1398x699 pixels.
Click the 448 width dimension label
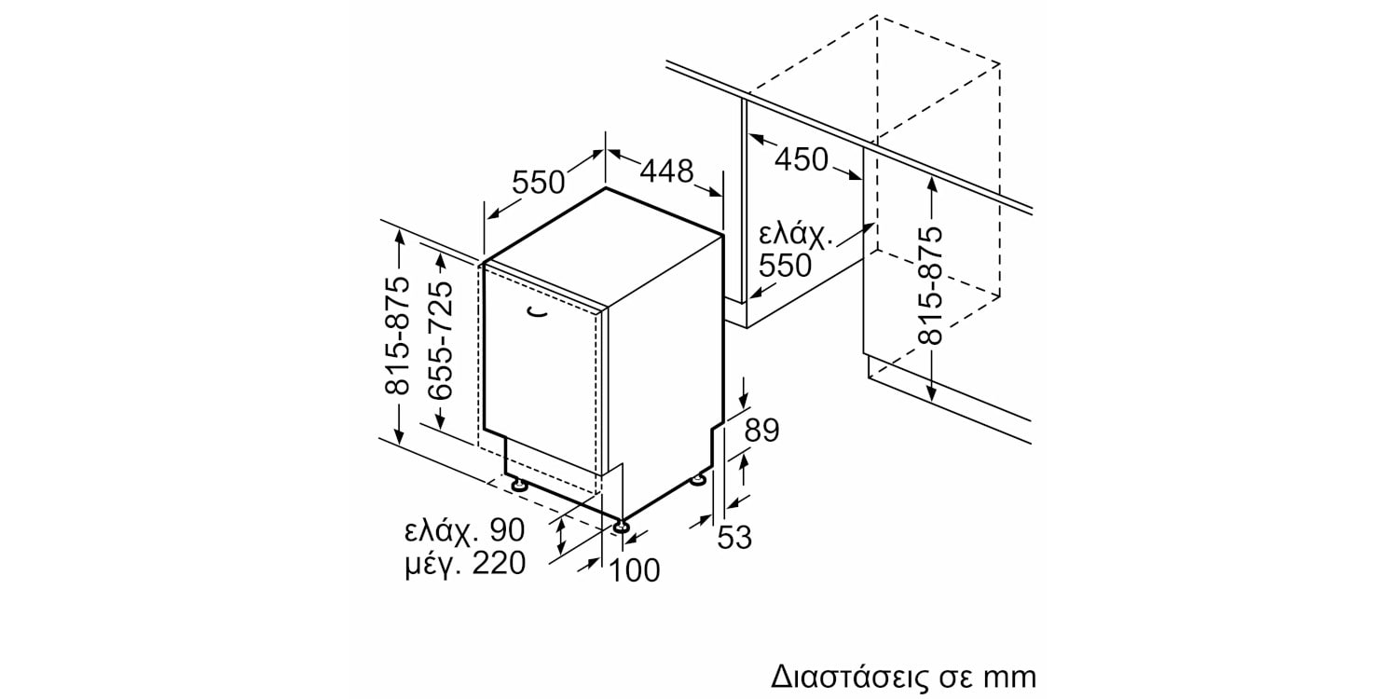[x=666, y=171]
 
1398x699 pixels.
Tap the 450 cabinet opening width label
[x=802, y=159]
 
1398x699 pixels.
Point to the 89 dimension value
[x=762, y=430]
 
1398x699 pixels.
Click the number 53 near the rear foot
[x=734, y=538]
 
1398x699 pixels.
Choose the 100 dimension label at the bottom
[x=634, y=570]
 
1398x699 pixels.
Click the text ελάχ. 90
[x=465, y=531]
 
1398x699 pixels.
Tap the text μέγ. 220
[x=466, y=564]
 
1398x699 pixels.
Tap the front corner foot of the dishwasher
[x=621, y=527]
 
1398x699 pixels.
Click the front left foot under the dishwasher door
[x=518, y=485]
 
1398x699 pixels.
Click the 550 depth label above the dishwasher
[x=538, y=183]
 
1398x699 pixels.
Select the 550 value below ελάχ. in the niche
[x=785, y=266]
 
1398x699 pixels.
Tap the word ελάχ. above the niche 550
[x=796, y=237]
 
